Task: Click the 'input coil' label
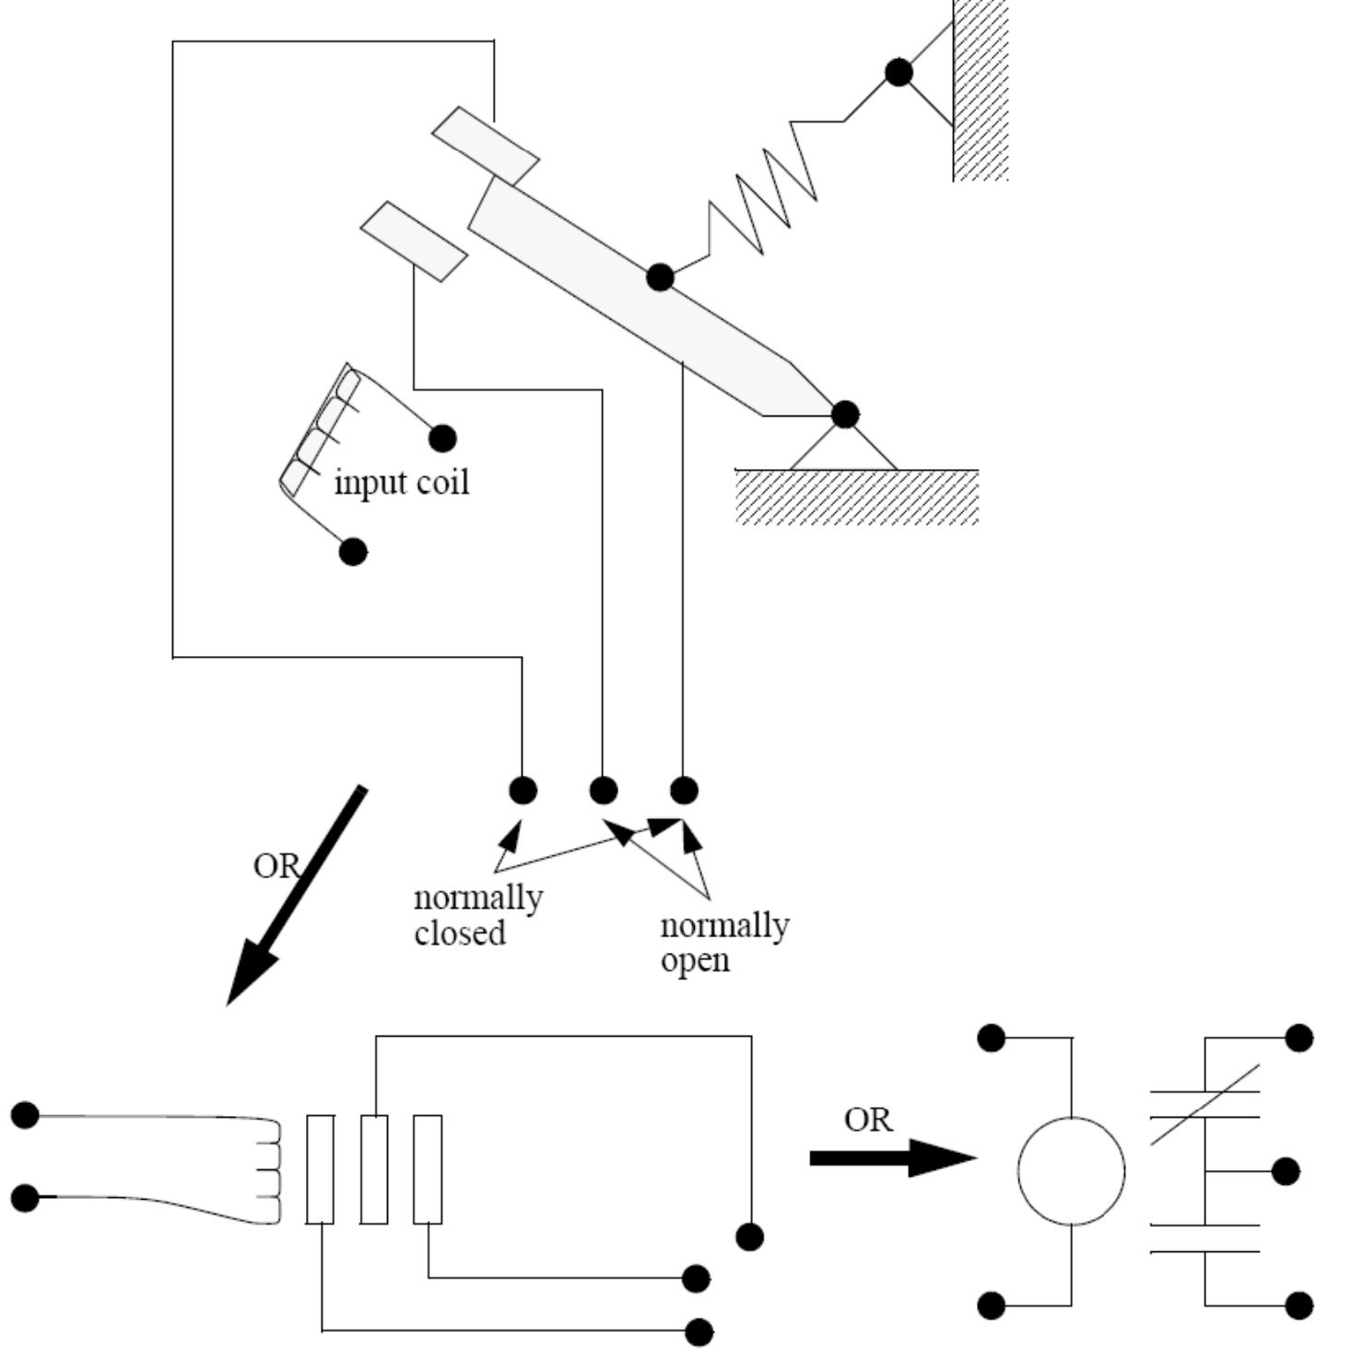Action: coord(401,482)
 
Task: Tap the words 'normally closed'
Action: coord(478,914)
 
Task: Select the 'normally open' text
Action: coord(724,942)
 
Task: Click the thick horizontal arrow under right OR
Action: coord(893,1157)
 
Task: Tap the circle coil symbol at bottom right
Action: coord(1071,1171)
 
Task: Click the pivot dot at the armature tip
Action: coord(845,415)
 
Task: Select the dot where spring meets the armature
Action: coord(660,276)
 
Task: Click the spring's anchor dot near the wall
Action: coord(899,72)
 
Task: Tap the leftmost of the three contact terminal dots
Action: coord(523,790)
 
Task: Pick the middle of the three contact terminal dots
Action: coord(603,790)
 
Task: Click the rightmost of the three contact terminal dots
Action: coord(683,790)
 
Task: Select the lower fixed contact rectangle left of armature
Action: coord(414,241)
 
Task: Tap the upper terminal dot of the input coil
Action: coord(442,438)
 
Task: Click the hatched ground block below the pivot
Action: coord(856,497)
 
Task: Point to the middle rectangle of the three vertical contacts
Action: coord(374,1169)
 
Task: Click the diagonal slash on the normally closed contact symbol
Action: coord(1205,1105)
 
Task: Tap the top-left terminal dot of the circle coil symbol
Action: coord(991,1038)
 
